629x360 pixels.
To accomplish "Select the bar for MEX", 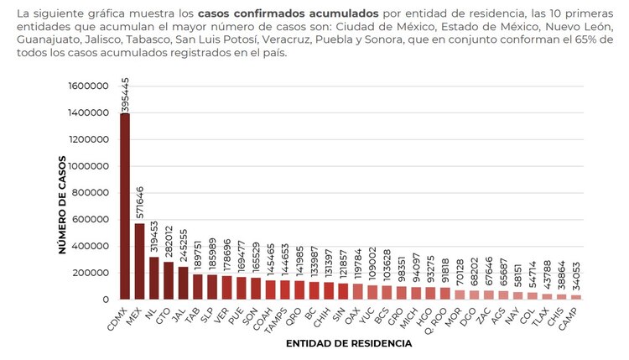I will [x=139, y=261].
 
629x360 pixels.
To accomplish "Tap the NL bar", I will [x=153, y=278].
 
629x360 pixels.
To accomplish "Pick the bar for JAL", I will [x=183, y=283].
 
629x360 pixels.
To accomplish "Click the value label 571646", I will [x=139, y=202].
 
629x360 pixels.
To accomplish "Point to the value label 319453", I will [x=154, y=237].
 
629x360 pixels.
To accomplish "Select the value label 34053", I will [x=576, y=275].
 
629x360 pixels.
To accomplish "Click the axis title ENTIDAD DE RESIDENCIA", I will [x=348, y=343].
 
